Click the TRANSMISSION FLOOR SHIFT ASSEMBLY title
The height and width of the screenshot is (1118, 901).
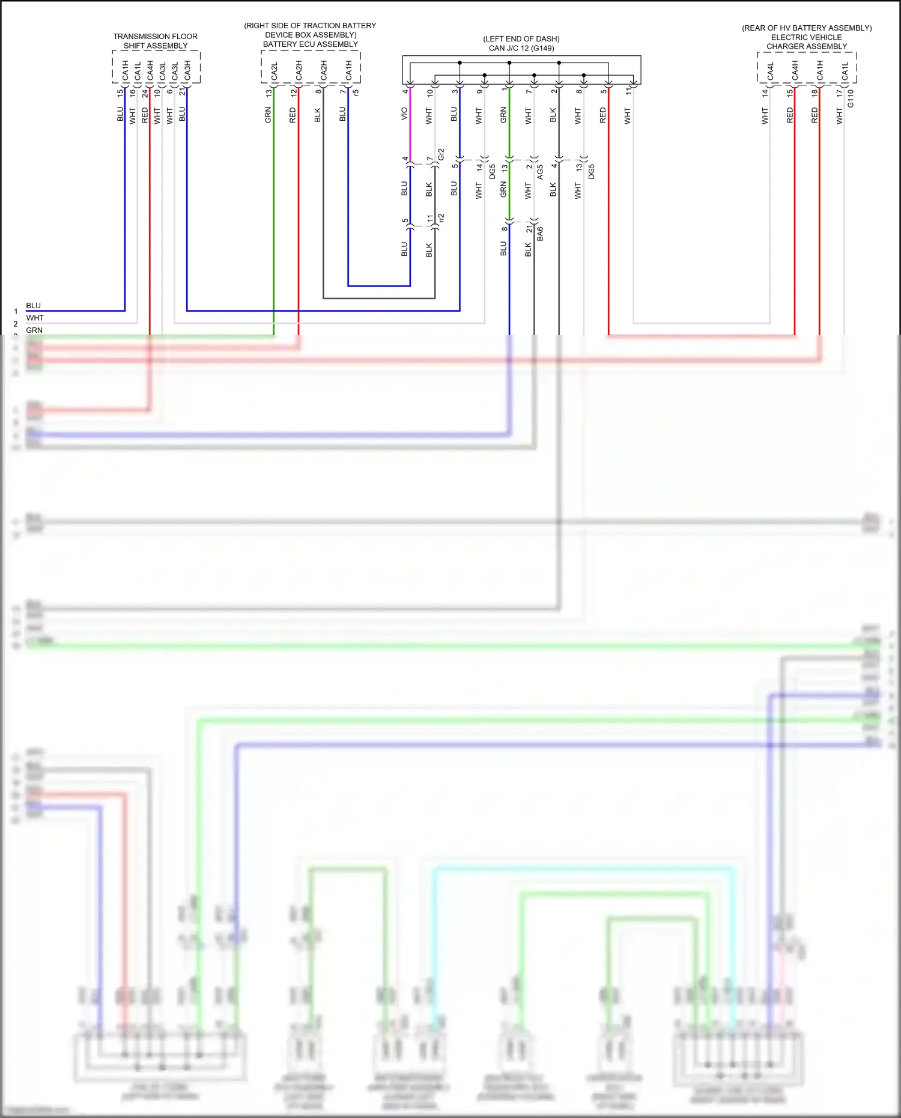(155, 41)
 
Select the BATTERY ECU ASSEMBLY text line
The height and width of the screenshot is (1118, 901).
(310, 44)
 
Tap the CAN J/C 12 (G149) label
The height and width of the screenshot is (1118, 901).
(521, 48)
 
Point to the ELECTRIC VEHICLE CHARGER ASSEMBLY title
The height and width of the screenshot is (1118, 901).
(806, 42)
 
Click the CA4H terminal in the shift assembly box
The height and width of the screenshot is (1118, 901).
(150, 70)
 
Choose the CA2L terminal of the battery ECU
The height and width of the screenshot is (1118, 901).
(274, 71)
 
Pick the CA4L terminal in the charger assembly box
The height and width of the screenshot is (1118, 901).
(771, 71)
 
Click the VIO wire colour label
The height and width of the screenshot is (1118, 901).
(404, 114)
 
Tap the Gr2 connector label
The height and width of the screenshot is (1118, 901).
(441, 154)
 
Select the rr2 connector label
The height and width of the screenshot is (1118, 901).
(441, 218)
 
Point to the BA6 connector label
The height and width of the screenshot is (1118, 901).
(540, 234)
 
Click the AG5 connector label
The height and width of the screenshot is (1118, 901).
(540, 172)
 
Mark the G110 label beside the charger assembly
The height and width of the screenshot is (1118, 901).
(851, 99)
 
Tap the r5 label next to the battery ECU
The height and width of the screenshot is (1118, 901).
(356, 93)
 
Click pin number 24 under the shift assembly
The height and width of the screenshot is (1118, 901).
(145, 93)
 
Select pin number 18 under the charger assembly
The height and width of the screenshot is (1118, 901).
(815, 93)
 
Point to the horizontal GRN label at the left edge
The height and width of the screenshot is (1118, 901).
(34, 330)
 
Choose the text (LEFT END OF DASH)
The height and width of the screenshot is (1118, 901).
(521, 39)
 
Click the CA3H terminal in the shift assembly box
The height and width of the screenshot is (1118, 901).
(187, 70)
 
